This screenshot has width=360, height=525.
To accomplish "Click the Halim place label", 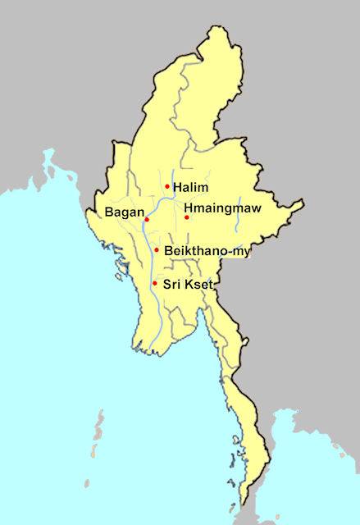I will click(189, 188).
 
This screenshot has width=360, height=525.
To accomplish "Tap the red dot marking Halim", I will click(167, 187).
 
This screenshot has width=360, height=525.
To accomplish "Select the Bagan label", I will click(123, 213).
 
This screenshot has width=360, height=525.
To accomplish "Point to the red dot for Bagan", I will click(147, 220).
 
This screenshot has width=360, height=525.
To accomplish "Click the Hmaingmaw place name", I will click(222, 208).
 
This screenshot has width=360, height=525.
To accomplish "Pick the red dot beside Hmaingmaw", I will click(187, 217).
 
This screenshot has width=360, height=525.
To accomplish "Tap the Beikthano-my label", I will click(207, 250).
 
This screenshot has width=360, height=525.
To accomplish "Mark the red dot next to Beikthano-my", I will click(157, 249).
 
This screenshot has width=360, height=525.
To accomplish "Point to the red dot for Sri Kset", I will click(155, 283).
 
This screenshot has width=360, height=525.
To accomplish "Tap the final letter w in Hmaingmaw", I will click(256, 208).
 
